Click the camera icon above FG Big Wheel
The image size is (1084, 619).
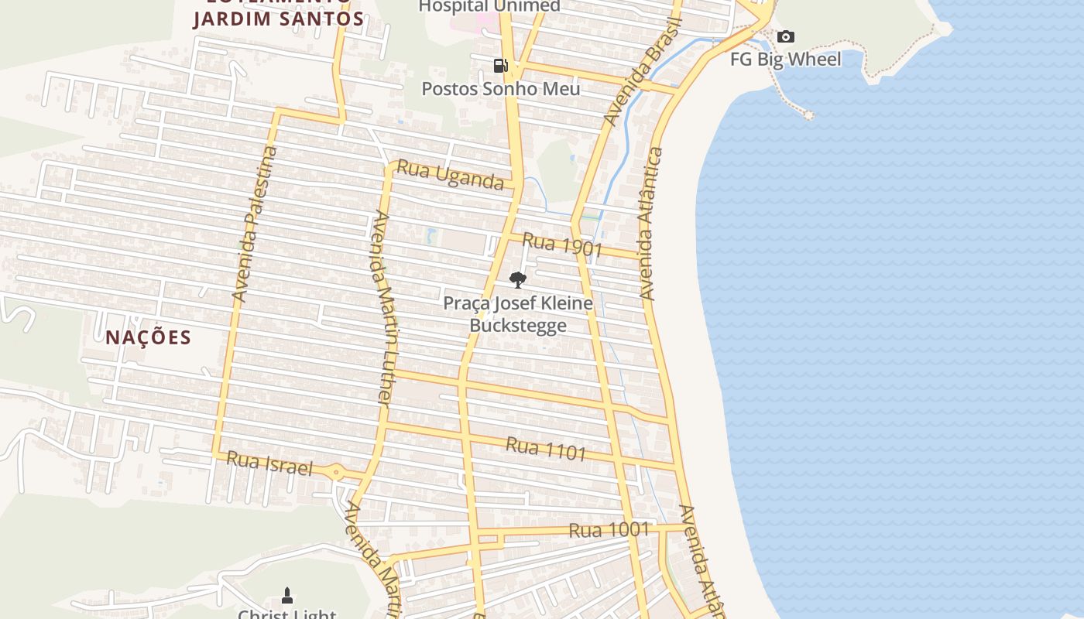point(785,37)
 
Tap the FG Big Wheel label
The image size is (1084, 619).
point(785,59)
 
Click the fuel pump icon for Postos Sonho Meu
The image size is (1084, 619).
point(501,66)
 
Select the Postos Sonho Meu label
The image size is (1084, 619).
point(500,88)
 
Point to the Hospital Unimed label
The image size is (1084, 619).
point(489,6)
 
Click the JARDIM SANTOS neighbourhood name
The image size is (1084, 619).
point(279,19)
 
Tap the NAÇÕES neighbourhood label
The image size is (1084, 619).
point(149,337)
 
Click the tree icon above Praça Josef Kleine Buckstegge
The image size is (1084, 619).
point(518,279)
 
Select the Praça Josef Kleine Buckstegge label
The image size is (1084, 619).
point(518,313)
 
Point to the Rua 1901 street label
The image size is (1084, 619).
point(562,245)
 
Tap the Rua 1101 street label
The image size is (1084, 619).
point(546,449)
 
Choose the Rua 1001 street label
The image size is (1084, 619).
point(609,530)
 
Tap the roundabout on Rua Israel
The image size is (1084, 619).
point(336,472)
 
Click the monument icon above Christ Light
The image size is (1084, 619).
point(287,595)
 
